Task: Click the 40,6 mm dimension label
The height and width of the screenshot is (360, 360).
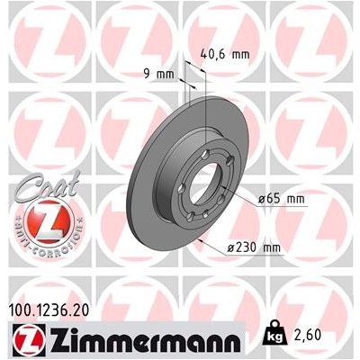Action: pos(222,53)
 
